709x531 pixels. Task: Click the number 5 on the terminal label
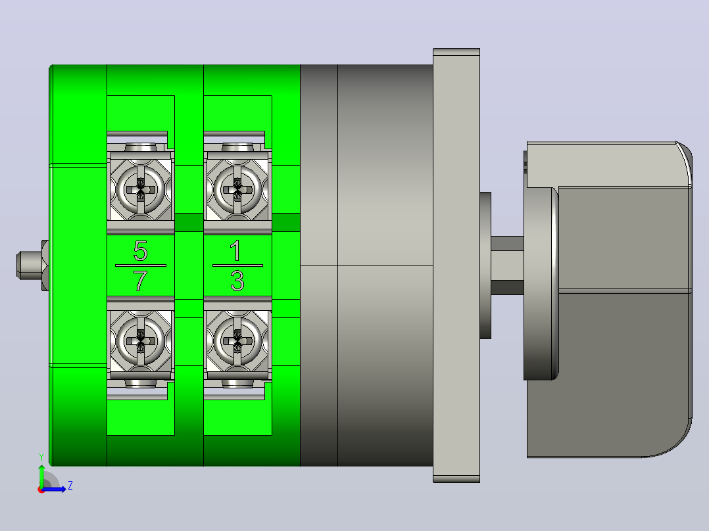tap(141, 250)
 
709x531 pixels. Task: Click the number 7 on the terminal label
tap(141, 281)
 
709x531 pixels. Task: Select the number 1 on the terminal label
tap(235, 250)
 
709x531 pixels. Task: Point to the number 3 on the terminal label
tap(237, 281)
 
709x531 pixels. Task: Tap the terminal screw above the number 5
tap(141, 189)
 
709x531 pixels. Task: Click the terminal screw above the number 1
tap(237, 189)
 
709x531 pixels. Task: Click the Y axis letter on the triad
tap(41, 457)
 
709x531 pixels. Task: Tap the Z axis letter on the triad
tap(70, 486)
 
